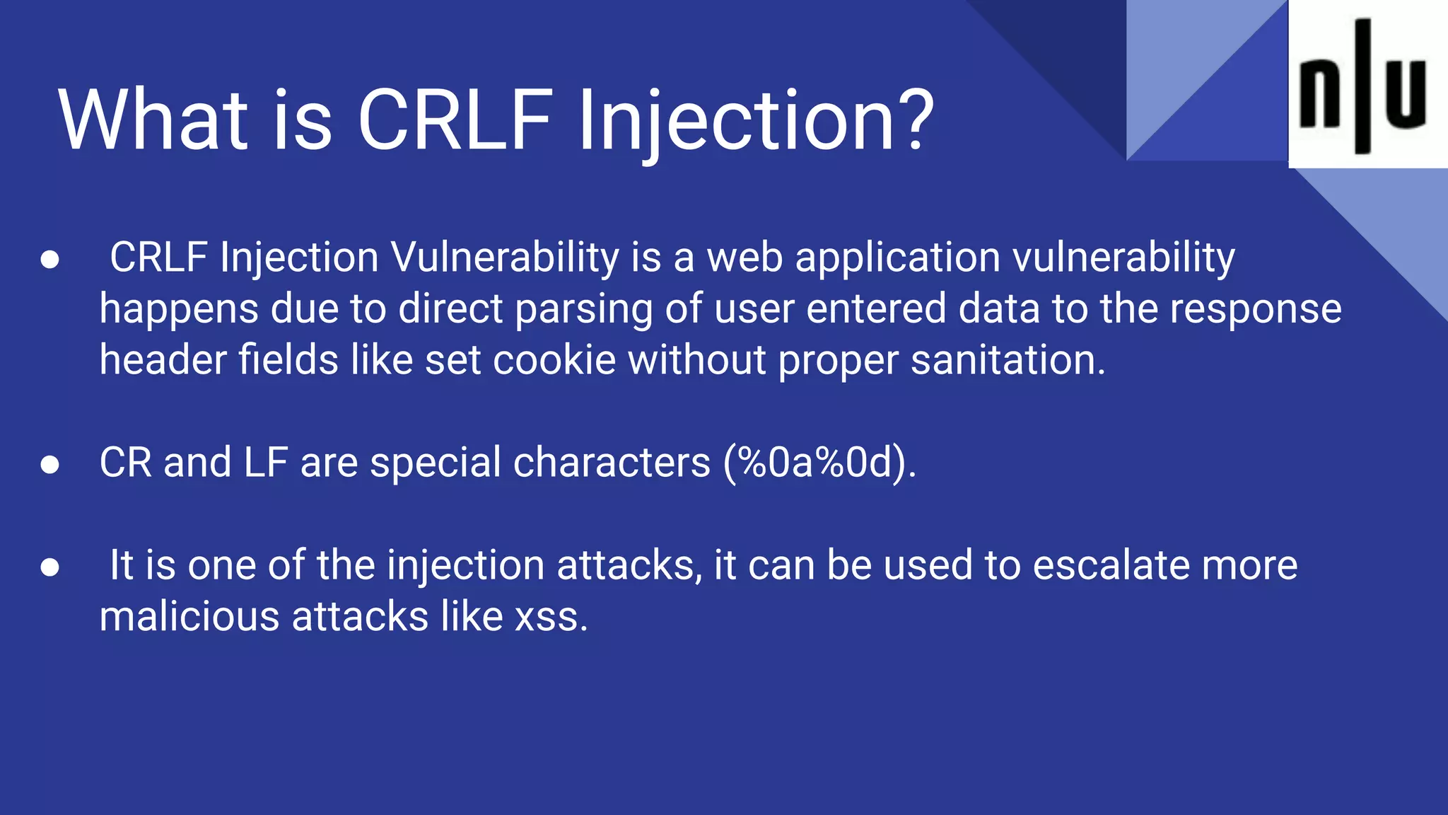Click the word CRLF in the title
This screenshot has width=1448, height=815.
[455, 120]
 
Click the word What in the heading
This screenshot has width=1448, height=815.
[153, 120]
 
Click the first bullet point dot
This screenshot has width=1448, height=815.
[49, 259]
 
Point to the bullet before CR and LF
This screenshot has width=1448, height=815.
[49, 464]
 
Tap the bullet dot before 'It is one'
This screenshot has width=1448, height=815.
[49, 567]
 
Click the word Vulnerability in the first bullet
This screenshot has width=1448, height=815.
[505, 258]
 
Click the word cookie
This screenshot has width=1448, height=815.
[554, 360]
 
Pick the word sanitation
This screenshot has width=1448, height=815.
[1007, 360]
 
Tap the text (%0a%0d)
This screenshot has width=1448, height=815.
[819, 463]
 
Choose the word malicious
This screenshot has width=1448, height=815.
[189, 617]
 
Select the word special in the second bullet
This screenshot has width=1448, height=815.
[436, 463]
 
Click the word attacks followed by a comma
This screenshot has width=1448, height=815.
[629, 565]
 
